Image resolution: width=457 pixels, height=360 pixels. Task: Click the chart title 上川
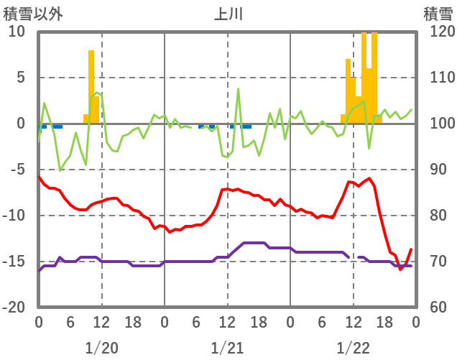pos(228,14)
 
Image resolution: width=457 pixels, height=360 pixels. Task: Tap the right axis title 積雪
pos(437,14)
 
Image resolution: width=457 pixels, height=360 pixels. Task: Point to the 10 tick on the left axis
pos(17,32)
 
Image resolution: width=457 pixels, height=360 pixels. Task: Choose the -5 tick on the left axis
pos(17,170)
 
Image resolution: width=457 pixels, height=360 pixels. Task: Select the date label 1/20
pos(101,348)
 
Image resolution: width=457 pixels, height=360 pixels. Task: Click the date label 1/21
pos(227,348)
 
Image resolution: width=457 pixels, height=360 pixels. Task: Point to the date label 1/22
pos(353,348)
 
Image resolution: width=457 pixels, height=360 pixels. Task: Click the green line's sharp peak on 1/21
pos(239,90)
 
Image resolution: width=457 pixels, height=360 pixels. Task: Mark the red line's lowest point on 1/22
pos(401,269)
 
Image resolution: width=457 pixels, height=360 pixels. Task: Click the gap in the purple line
pos(354,257)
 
